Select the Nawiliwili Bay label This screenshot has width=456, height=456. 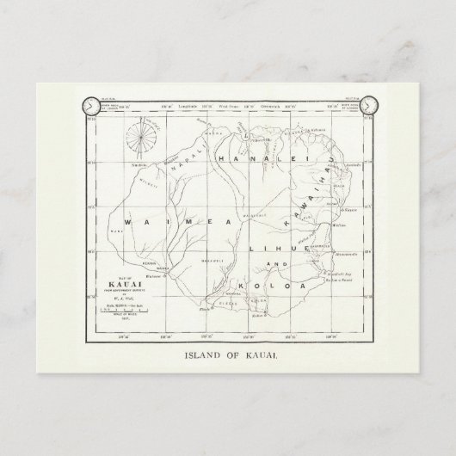(337, 271)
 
